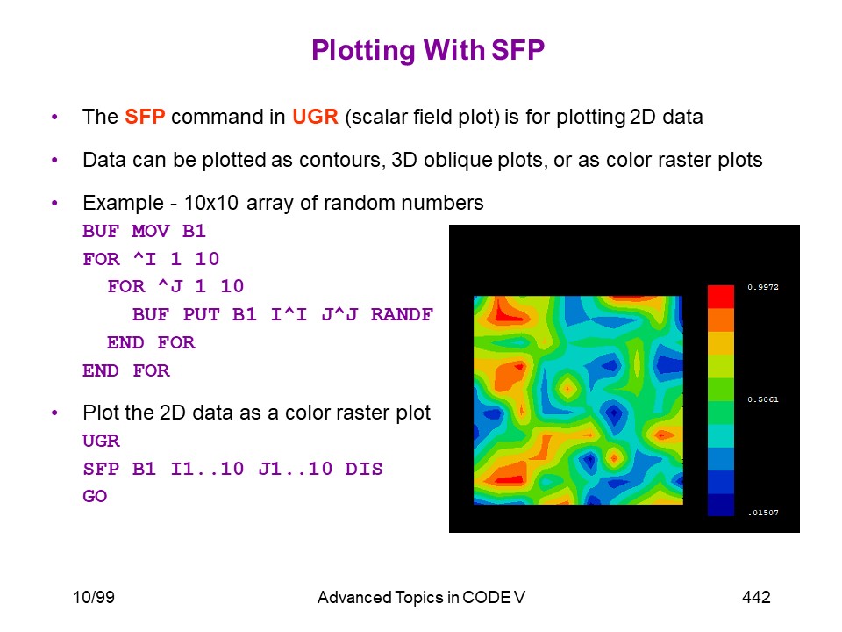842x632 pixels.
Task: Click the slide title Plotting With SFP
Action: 428,51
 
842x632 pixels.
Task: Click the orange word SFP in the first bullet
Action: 145,117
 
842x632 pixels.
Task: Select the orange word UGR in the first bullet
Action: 315,117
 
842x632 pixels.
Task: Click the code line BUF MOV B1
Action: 144,231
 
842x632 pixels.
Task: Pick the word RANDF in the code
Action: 402,314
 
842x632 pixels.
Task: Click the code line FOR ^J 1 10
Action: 175,286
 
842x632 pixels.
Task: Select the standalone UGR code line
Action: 101,441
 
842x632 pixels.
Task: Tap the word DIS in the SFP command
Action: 363,469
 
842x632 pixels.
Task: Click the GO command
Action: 95,496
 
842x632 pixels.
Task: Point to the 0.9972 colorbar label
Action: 762,287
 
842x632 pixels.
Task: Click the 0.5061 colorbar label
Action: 762,399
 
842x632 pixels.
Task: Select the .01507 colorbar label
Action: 763,513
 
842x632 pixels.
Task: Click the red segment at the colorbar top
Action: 721,297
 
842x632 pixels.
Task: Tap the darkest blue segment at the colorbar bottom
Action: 721,505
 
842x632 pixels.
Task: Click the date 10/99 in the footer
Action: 94,597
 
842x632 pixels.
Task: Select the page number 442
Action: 756,597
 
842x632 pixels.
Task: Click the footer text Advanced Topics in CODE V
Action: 421,597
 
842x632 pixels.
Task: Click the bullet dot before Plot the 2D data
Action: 54,413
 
